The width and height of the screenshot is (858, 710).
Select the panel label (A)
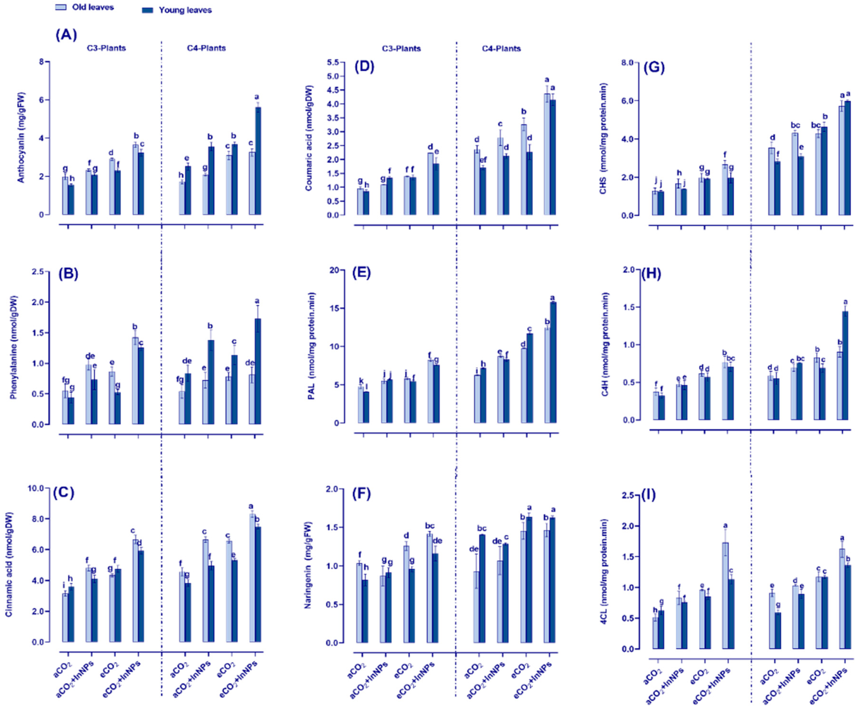[x=66, y=35]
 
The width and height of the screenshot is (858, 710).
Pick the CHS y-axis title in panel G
[x=603, y=139]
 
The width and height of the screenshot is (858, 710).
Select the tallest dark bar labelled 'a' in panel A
[x=258, y=161]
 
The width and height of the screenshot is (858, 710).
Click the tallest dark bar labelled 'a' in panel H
[x=845, y=365]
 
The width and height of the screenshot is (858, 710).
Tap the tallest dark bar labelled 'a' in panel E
[x=553, y=362]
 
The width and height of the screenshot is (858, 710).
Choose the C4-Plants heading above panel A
[x=206, y=48]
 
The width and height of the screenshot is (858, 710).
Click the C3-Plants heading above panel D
[x=401, y=48]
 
